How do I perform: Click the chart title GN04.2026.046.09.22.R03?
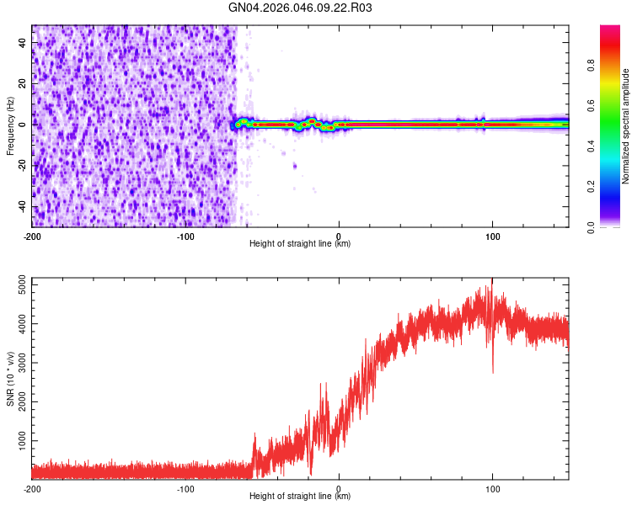coord(301,8)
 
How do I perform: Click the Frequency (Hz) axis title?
coord(10,126)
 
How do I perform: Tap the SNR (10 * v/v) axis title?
coord(10,379)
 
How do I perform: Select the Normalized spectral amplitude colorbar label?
coord(625,126)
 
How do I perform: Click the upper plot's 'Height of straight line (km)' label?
coord(300,243)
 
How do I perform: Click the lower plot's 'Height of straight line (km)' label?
coord(300,496)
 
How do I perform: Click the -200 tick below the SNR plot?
coord(32,488)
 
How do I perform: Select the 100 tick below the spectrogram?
coord(492,236)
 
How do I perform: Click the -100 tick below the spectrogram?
coord(185,236)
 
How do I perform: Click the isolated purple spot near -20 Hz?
coord(295,166)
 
